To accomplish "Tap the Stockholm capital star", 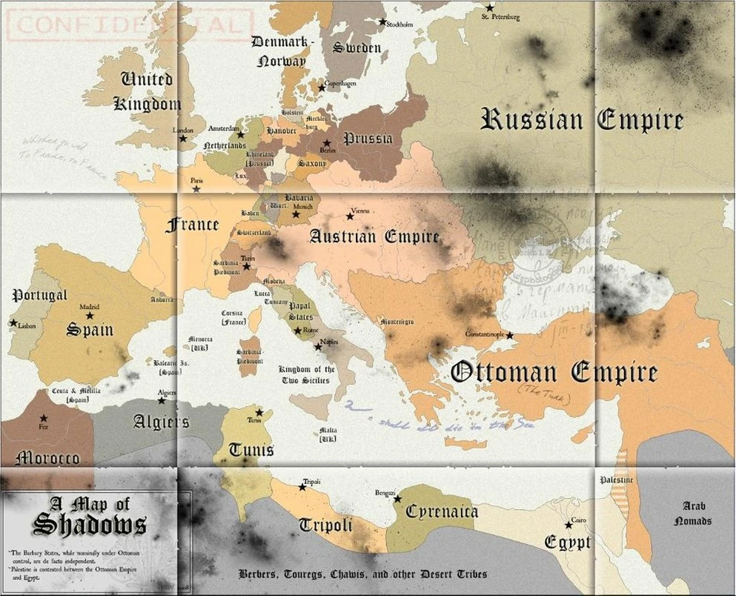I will (x=383, y=22).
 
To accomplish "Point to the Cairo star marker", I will (x=568, y=525).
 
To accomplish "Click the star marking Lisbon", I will (x=13, y=323).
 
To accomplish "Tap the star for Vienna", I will (x=350, y=216).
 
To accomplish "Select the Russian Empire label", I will (x=582, y=119).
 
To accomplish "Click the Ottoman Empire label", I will (x=554, y=372).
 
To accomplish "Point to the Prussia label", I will (x=368, y=138).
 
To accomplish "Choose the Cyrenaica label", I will (x=442, y=511).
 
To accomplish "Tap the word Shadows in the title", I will (x=89, y=524).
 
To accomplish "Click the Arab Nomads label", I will (x=692, y=513).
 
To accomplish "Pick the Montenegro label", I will (x=397, y=321).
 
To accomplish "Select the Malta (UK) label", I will (x=326, y=434).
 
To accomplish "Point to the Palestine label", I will (x=617, y=480).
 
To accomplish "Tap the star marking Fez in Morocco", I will (x=44, y=419).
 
